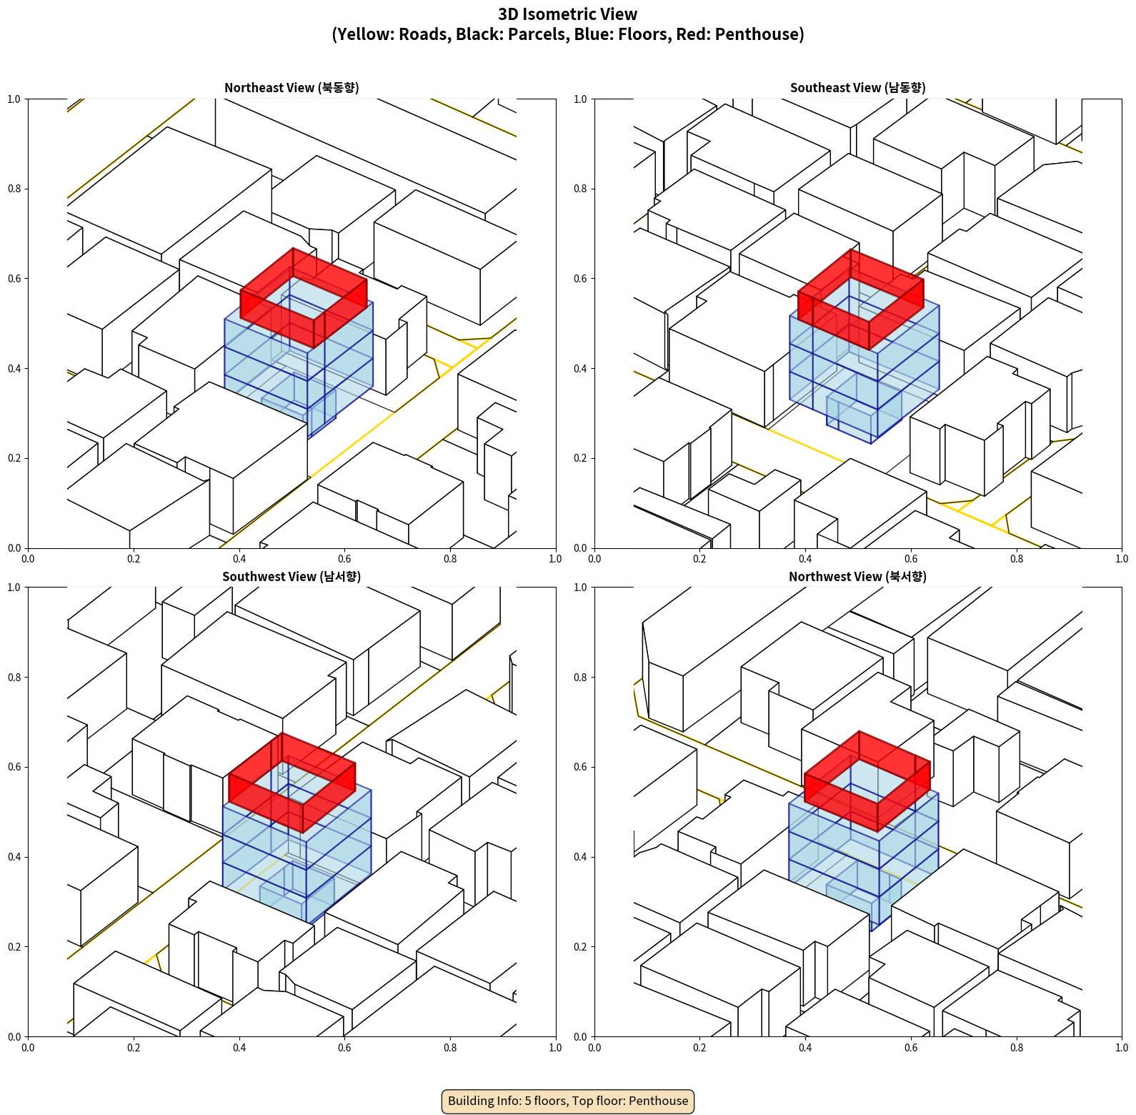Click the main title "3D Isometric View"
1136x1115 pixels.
click(x=567, y=14)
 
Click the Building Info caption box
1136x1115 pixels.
click(x=568, y=1101)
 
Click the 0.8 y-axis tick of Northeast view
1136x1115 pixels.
click(x=14, y=189)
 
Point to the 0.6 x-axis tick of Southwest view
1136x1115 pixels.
click(x=344, y=1048)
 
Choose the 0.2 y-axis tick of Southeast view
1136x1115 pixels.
click(x=581, y=458)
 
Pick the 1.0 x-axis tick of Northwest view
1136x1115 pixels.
click(x=1122, y=1048)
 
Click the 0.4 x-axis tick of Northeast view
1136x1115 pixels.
click(x=239, y=559)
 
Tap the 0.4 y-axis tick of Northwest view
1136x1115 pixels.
click(x=581, y=857)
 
